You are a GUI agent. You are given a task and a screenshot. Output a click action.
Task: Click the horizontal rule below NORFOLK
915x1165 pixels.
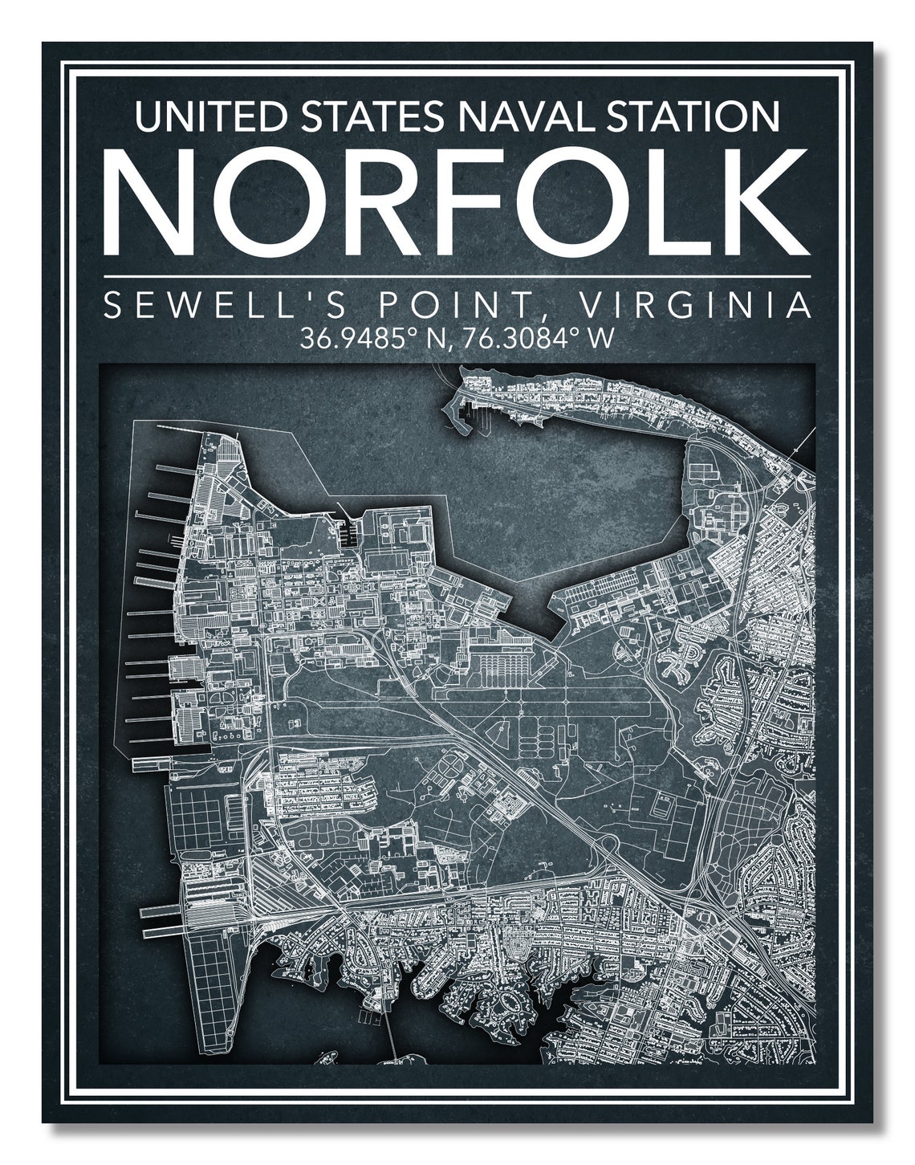[x=458, y=275]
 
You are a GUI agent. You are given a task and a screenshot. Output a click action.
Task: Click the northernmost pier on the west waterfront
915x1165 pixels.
[x=173, y=470]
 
